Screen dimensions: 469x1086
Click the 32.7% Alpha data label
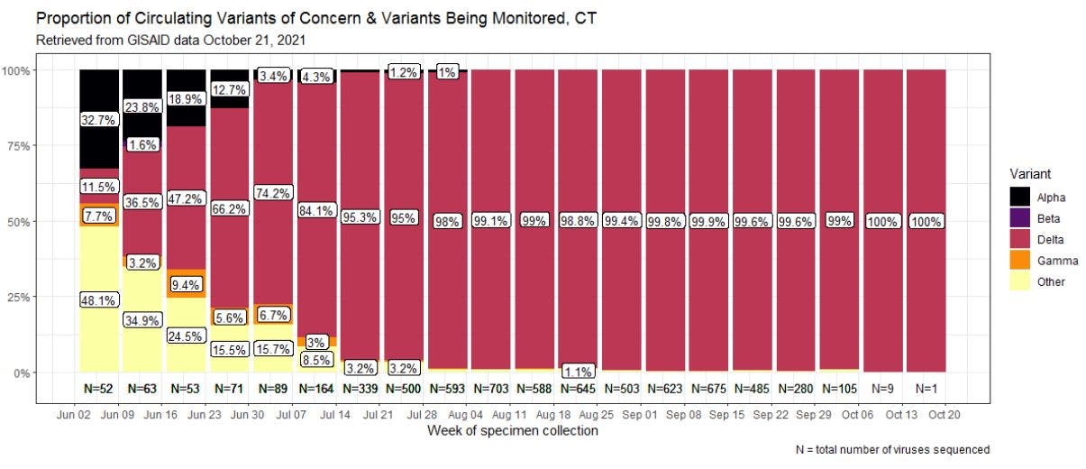pyautogui.click(x=99, y=118)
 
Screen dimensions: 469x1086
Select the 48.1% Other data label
pyautogui.click(x=99, y=301)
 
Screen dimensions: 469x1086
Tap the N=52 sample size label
pyautogui.click(x=99, y=390)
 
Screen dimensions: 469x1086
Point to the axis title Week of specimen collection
pyautogui.click(x=512, y=432)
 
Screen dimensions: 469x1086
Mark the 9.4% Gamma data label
pyautogui.click(x=187, y=284)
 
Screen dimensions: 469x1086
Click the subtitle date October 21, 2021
pyautogui.click(x=260, y=41)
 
